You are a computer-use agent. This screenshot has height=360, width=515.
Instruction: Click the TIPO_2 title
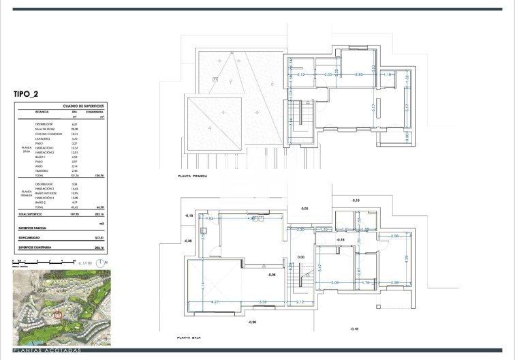tap(31, 95)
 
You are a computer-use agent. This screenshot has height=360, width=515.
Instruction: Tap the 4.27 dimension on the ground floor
tap(214, 302)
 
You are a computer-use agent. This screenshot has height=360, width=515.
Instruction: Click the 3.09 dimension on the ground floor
tap(334, 282)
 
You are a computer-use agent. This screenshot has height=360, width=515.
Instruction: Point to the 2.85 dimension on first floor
tap(360, 74)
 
